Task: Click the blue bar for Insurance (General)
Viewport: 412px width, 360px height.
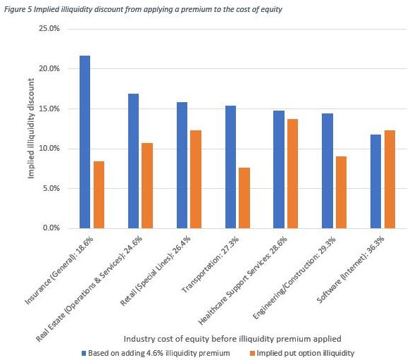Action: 85,142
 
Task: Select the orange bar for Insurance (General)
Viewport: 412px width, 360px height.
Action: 99,194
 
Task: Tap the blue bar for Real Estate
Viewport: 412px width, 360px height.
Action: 134,161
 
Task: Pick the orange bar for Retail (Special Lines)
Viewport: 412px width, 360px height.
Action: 196,179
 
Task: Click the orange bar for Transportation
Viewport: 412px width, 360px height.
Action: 244,198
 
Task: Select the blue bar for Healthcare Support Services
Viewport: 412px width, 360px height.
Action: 279,170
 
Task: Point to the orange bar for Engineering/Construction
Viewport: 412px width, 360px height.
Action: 342,192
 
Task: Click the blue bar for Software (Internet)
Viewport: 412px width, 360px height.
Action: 376,181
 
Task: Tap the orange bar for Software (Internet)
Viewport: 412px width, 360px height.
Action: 390,179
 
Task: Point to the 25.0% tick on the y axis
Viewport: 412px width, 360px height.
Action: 49,28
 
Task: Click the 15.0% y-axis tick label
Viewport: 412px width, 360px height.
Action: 49,108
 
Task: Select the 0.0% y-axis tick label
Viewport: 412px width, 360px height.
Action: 51,228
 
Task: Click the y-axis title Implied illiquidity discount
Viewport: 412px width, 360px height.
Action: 31,128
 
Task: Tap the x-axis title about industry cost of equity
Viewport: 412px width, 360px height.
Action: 232,339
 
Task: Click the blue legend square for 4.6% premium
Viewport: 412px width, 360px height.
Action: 84,353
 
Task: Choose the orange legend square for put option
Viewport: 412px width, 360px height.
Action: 252,353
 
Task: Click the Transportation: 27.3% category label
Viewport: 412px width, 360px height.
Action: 211,265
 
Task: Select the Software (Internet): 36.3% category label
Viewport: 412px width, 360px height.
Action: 351,269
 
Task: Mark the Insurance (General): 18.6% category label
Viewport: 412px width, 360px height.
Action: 59,271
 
